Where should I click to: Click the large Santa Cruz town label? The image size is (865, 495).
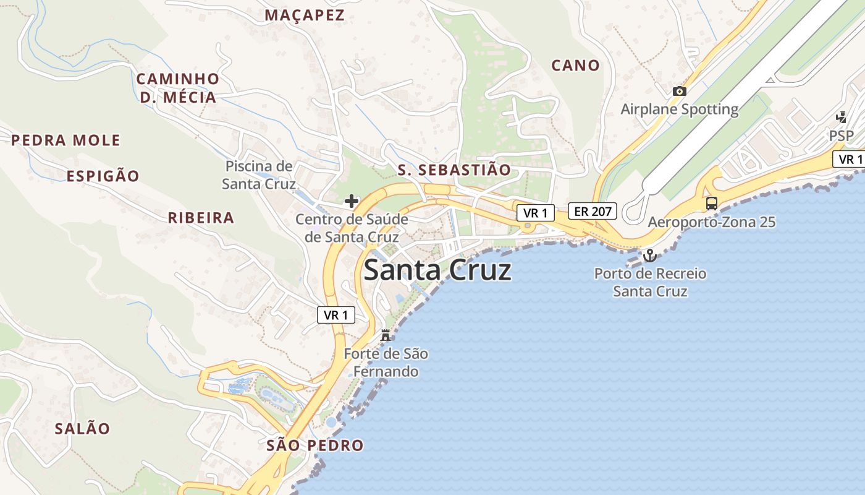437,271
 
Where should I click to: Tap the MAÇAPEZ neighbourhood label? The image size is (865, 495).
305,15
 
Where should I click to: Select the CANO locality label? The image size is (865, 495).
575,65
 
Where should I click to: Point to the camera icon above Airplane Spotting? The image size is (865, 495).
680,92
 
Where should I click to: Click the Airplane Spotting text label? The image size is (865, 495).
679,110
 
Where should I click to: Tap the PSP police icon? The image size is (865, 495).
841,117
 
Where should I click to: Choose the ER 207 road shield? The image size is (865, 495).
593,211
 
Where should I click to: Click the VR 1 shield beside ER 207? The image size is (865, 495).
535,213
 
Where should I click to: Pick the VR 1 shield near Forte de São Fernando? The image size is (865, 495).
336,315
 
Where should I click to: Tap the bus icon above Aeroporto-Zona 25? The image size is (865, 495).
712,204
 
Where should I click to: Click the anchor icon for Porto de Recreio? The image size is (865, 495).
649,255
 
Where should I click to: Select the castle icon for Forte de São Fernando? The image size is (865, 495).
386,336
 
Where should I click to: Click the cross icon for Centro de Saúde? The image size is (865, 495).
352,201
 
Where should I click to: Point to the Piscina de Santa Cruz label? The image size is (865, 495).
259,175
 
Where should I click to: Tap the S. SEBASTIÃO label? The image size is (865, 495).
454,170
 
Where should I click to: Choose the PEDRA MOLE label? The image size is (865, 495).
65,140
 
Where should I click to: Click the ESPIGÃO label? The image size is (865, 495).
103,176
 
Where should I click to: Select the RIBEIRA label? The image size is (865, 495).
201,218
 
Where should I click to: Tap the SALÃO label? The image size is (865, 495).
82,429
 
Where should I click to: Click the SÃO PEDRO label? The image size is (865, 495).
314,445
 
